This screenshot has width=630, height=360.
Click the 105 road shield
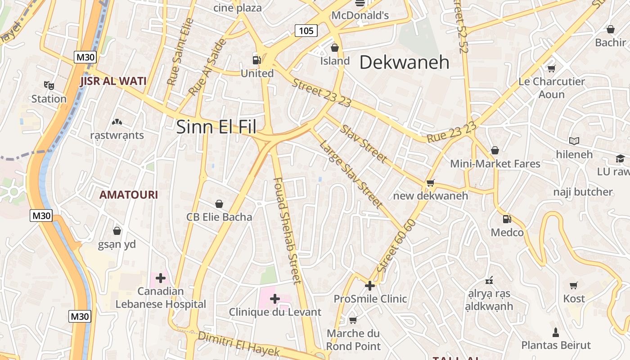306,31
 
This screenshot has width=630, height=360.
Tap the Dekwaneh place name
404,63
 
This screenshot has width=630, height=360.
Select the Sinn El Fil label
216,127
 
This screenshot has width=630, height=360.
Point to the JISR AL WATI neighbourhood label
113,81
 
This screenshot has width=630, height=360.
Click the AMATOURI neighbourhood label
128,195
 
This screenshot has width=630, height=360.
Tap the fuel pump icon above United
256,60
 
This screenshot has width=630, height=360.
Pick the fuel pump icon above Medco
507,219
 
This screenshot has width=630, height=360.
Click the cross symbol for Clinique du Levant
274,298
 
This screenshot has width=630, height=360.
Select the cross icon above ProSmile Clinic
369,285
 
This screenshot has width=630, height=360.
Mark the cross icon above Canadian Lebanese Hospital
161,278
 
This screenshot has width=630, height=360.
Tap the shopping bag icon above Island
335,47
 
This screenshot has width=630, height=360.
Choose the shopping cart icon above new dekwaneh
430,183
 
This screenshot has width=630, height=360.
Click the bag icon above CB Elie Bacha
219,204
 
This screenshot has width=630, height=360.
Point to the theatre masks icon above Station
49,85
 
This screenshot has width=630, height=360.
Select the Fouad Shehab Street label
287,231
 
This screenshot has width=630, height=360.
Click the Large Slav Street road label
351,174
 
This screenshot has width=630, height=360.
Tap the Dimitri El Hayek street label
239,344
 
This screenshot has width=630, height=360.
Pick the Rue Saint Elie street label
180,51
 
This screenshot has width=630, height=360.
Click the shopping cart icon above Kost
574,285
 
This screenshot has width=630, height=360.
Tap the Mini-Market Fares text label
495,163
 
